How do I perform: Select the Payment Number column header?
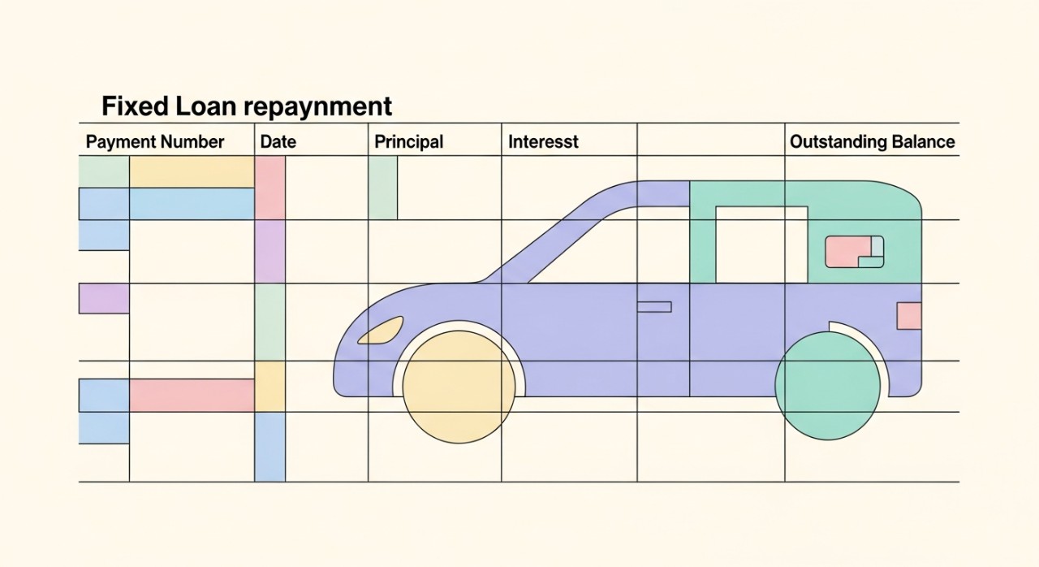155,141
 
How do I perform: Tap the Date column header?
278,141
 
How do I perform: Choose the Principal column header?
408,141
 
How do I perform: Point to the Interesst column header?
543,141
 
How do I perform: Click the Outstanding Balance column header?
872,141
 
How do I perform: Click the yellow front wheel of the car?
459,387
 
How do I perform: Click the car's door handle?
653,306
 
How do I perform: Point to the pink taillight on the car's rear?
908,315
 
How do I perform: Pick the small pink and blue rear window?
853,251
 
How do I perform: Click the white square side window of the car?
761,244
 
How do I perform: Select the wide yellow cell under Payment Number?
192,172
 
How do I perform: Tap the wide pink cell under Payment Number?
192,395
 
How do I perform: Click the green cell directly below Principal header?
383,188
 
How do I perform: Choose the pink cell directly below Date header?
270,188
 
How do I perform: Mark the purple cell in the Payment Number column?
104,298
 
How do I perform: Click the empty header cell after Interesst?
710,141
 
